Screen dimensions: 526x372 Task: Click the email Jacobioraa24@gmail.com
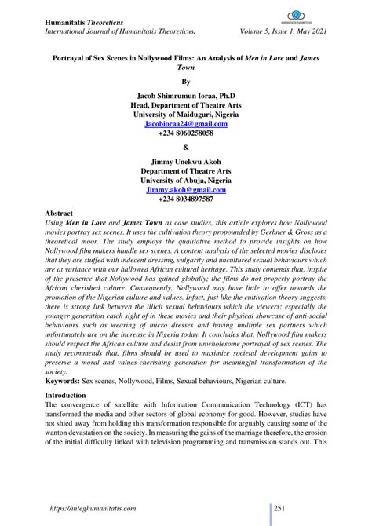coord(186,125)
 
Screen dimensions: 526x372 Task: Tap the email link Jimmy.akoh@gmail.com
coord(186,190)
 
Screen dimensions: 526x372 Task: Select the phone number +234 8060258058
coord(186,135)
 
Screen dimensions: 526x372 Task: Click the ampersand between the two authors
coord(186,147)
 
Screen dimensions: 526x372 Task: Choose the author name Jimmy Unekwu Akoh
coord(186,159)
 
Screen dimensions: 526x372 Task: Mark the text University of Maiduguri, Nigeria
coord(186,115)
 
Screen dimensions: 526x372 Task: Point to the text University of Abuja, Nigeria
coord(186,180)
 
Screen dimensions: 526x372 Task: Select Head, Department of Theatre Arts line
coord(186,104)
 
